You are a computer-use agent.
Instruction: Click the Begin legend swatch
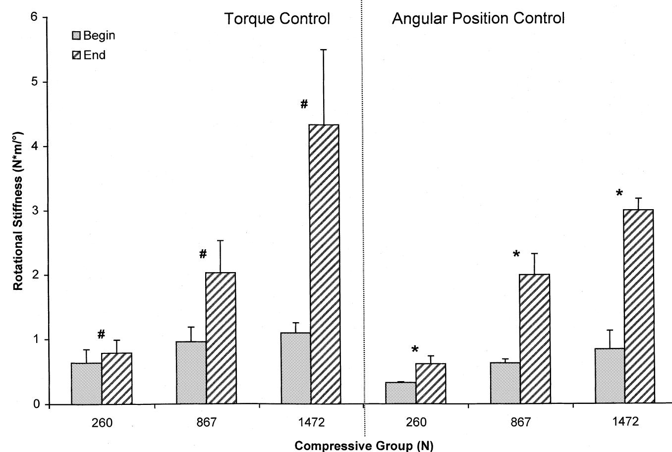click(x=76, y=36)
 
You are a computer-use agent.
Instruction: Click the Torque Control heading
click(x=277, y=19)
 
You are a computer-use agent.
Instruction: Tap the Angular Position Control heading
click(x=478, y=19)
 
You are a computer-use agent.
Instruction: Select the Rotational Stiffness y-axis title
click(x=18, y=211)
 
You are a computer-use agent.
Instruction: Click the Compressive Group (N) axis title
click(x=364, y=446)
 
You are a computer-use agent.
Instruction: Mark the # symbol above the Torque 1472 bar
click(x=304, y=104)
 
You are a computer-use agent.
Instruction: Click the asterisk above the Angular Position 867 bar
click(x=516, y=255)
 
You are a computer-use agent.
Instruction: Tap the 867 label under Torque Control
click(x=206, y=423)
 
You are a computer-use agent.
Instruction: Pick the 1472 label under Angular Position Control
click(x=625, y=422)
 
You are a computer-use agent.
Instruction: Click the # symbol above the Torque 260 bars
click(x=101, y=335)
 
